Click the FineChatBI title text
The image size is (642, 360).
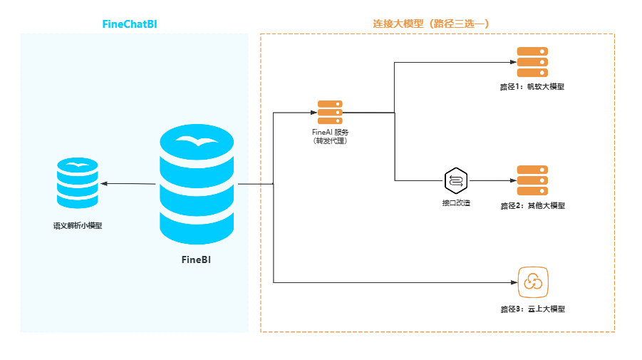pos(129,24)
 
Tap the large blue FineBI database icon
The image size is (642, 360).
pos(197,185)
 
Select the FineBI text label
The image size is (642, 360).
pos(197,260)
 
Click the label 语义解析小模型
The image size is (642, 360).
pos(78,226)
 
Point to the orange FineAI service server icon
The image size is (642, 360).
pos(330,113)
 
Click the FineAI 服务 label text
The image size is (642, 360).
pos(330,132)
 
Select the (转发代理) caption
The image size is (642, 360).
pos(330,141)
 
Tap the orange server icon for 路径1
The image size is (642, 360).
pos(532,62)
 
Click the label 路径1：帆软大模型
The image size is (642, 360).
pos(532,88)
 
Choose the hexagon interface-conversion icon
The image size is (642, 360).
pos(456,181)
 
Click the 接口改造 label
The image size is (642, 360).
pos(456,204)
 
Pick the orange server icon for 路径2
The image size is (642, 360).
pos(532,180)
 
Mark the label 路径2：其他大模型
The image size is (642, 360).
pos(532,206)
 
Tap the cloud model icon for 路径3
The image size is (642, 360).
pos(532,282)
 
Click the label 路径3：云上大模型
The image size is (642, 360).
pos(532,309)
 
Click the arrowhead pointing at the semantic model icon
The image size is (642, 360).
pos(104,184)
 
